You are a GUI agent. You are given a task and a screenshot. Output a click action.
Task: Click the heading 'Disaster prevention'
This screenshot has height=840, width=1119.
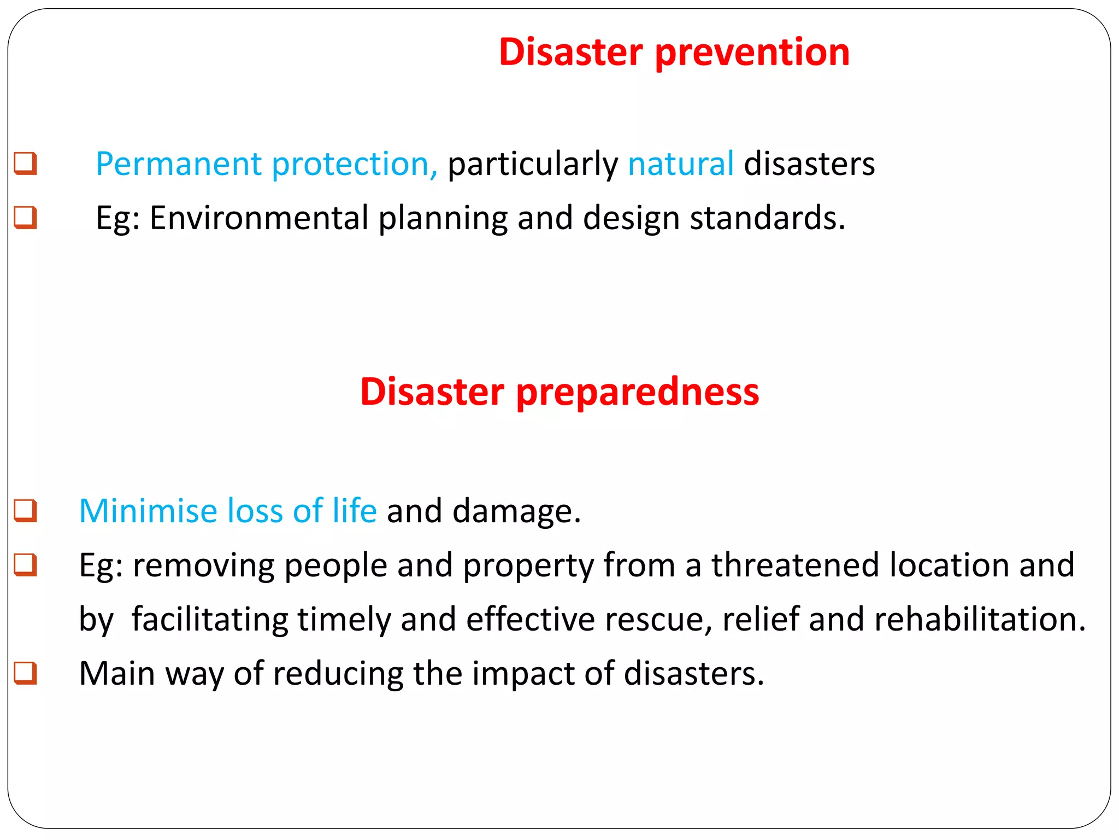(x=674, y=52)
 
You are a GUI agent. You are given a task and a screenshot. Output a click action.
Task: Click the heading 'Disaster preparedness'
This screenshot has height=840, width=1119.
(x=559, y=392)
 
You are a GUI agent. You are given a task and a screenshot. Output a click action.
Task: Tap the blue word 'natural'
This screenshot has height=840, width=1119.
(x=680, y=164)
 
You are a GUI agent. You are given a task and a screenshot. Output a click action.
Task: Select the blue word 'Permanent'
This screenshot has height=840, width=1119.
(x=179, y=164)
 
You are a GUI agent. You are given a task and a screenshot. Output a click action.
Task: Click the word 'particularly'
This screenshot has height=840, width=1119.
(x=532, y=165)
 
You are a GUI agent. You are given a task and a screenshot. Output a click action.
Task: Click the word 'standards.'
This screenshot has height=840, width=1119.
(x=767, y=218)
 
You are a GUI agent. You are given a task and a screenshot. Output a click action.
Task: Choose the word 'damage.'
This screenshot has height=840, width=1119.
(x=516, y=511)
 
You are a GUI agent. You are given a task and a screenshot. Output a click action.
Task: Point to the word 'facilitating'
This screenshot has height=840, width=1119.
(x=209, y=620)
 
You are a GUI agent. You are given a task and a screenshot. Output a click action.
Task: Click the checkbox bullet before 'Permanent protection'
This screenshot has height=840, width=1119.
(x=25, y=164)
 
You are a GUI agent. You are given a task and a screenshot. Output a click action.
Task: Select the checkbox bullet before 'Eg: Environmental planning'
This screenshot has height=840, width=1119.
(x=25, y=218)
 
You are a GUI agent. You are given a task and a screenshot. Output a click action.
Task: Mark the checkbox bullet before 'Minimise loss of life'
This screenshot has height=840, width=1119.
(x=25, y=511)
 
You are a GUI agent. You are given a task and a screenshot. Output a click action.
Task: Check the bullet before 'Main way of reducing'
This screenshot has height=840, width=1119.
(x=25, y=673)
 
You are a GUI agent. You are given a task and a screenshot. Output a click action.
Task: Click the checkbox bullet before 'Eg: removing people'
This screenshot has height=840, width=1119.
(x=25, y=565)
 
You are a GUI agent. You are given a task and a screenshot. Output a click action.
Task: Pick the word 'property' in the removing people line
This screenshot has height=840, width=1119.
(x=528, y=566)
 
